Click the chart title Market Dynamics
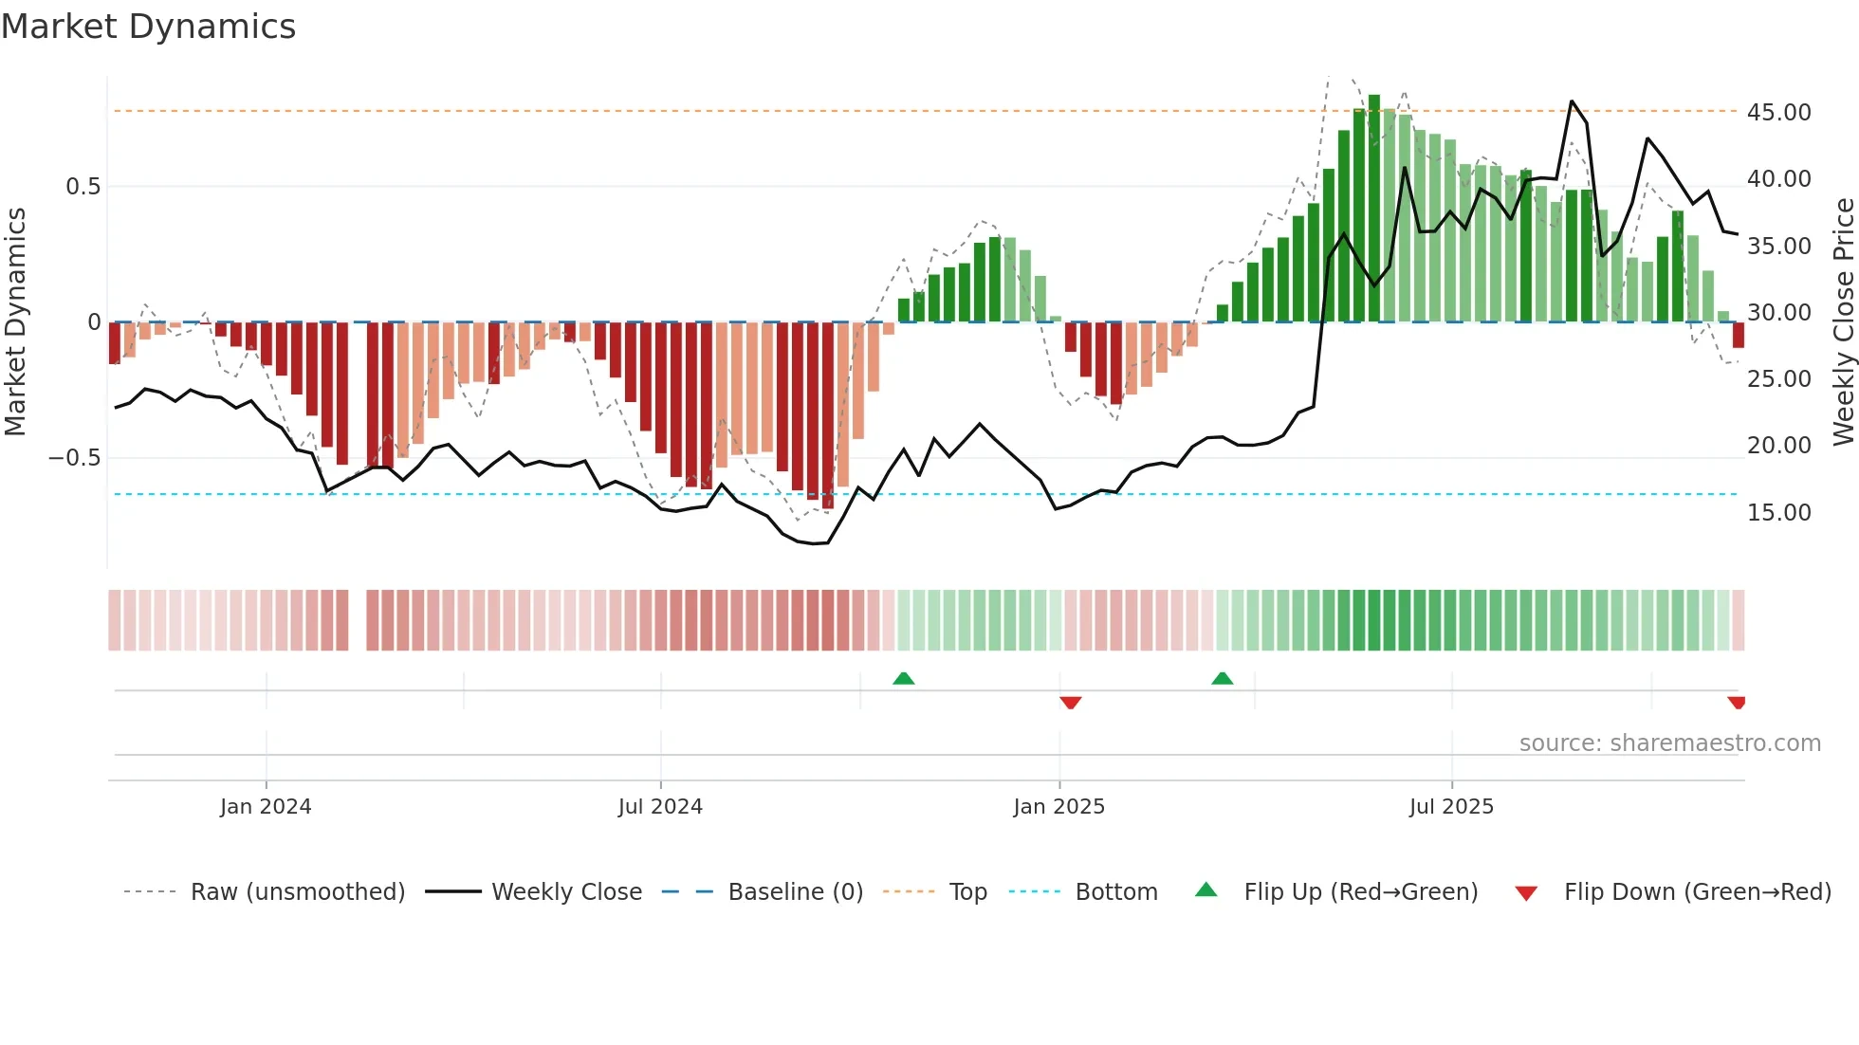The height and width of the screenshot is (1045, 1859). [x=148, y=27]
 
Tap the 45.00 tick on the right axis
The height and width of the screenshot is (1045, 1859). [x=1778, y=112]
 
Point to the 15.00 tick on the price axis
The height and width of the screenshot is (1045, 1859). [x=1778, y=512]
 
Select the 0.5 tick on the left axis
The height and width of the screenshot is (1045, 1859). [x=83, y=186]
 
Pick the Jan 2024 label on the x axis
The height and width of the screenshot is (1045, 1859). [x=266, y=806]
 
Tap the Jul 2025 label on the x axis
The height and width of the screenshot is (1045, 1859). [x=1451, y=806]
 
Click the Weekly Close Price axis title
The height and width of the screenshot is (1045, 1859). [x=1843, y=321]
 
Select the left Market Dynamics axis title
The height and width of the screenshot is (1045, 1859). [x=15, y=321]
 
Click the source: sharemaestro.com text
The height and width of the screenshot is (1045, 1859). [x=1669, y=743]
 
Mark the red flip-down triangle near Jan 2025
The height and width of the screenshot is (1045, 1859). [x=1071, y=703]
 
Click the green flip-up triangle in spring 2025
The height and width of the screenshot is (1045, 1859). [x=1222, y=678]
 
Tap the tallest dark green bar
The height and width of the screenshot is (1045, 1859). [x=1374, y=209]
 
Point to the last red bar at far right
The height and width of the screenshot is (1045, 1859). [x=1738, y=335]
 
